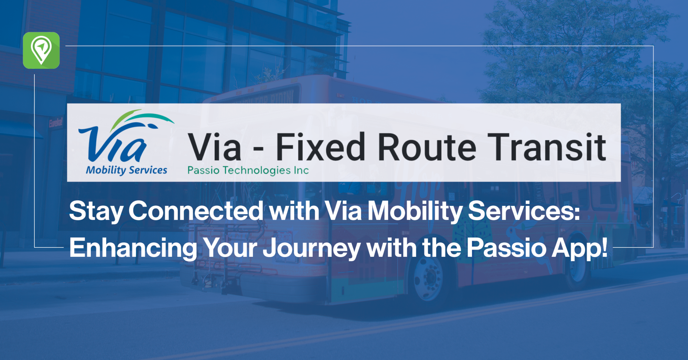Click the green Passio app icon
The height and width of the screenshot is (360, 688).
pyautogui.click(x=41, y=50)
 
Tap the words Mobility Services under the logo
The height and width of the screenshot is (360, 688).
pyautogui.click(x=126, y=170)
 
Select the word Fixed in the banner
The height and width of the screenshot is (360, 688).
pyautogui.click(x=320, y=147)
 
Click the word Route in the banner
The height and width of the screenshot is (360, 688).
pyautogui.click(x=427, y=147)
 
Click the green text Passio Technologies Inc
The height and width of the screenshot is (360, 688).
pyautogui.click(x=248, y=170)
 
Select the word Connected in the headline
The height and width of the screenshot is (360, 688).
pyautogui.click(x=196, y=211)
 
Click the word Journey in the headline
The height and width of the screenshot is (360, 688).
pyautogui.click(x=312, y=248)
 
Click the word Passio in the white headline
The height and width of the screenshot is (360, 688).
pyautogui.click(x=506, y=248)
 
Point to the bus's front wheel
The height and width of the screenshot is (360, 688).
pyautogui.click(x=428, y=279)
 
